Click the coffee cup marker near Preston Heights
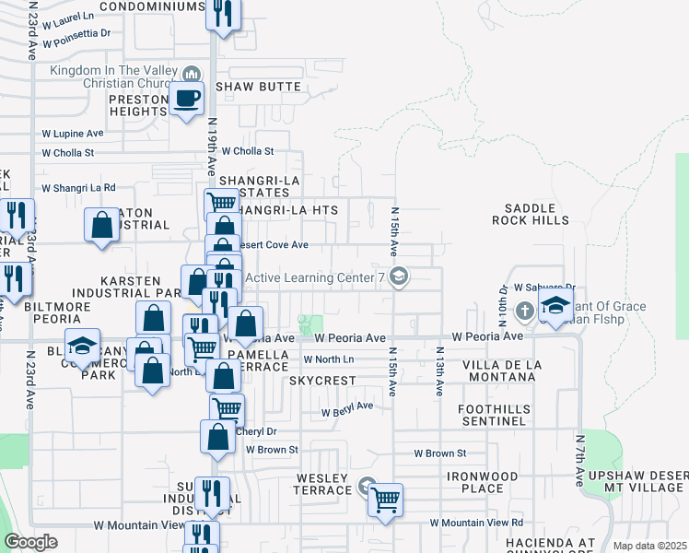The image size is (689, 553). coord(187,98)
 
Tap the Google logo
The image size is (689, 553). coord(30,542)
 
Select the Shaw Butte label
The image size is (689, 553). coord(259,87)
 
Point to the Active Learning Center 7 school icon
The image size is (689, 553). coord(399,276)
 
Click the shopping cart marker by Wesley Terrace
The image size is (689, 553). coord(386,500)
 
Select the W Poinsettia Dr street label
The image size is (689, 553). coord(76,33)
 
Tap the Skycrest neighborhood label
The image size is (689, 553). coord(321,381)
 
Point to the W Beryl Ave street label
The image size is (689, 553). coord(346,406)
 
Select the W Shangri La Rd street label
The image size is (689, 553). coord(78,187)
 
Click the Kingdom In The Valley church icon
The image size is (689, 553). coord(192,73)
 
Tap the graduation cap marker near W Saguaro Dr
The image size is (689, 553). coord(556,308)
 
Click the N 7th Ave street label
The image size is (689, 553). coord(580,460)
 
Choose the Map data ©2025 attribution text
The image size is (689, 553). coord(650,546)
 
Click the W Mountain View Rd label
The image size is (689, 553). coord(476,524)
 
